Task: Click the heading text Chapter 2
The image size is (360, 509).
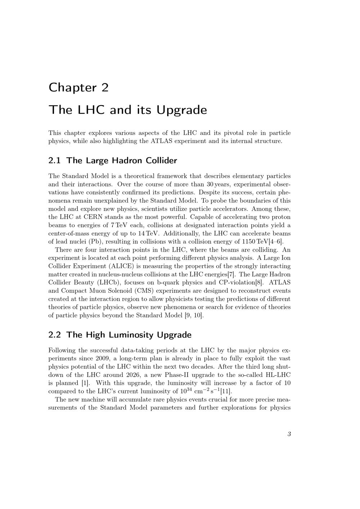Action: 78,87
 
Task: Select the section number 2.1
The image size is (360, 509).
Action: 55,161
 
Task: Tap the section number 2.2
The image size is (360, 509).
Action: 55,335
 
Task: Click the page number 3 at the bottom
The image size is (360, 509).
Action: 289,434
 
